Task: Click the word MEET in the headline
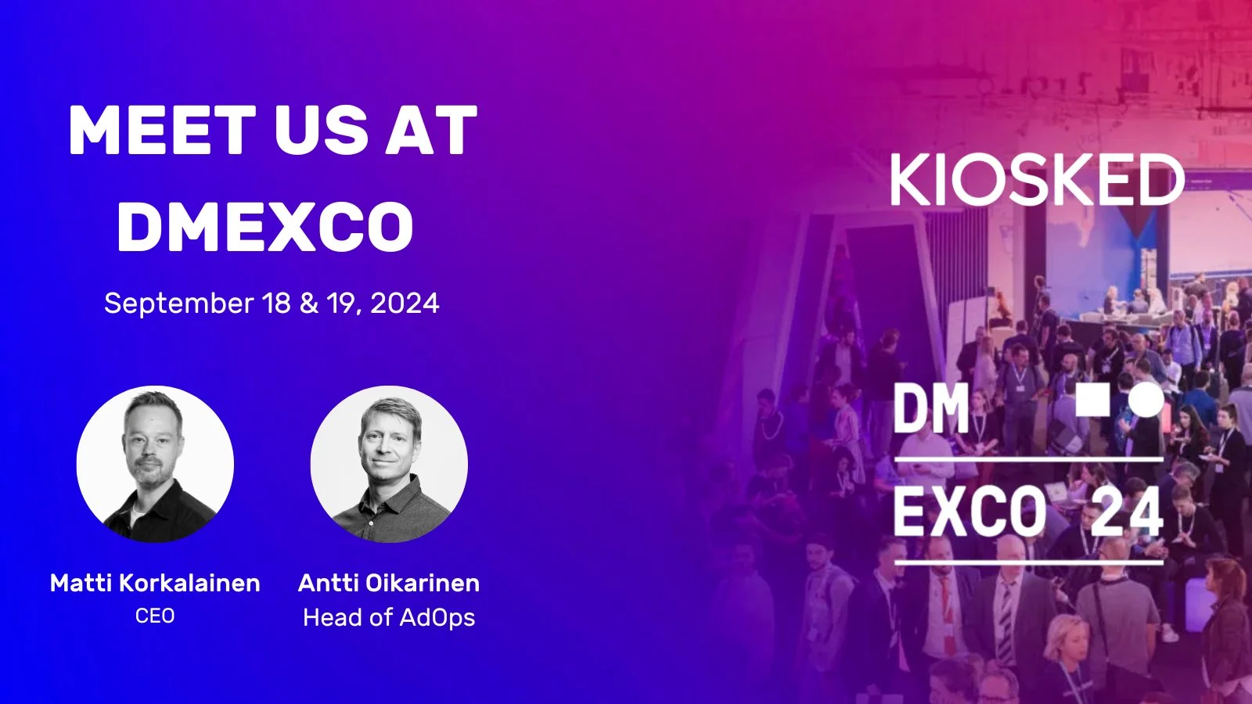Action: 162,130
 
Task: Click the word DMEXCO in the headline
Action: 265,226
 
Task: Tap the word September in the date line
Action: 179,304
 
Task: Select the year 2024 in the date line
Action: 405,304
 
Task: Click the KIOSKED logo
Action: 1037,180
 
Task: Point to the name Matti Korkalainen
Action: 155,584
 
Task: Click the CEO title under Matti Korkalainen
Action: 155,616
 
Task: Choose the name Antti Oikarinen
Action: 389,584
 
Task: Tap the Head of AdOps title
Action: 389,617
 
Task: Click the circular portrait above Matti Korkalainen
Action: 155,464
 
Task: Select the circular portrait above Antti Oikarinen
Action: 389,464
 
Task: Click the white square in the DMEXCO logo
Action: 1092,400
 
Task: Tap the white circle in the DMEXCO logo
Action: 1146,400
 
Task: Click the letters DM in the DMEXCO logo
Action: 931,408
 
